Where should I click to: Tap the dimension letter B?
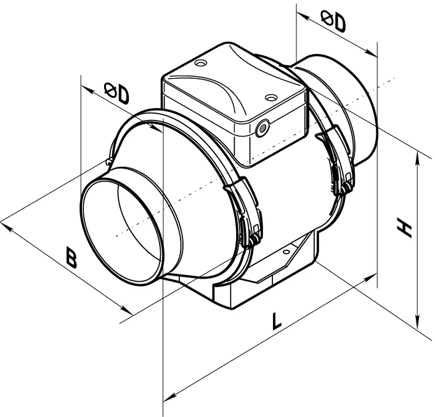(x=71, y=258)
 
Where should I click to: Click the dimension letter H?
(x=404, y=229)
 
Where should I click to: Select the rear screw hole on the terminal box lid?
(x=200, y=63)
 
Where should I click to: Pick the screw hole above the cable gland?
(x=270, y=97)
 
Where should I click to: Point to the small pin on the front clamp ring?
(x=109, y=161)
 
